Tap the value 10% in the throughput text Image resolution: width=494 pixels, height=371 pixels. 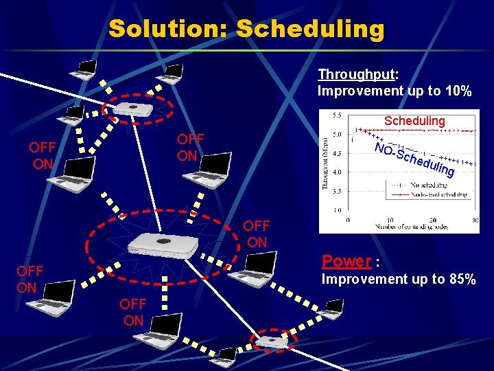coord(456,91)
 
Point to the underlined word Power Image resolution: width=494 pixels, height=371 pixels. coord(346,262)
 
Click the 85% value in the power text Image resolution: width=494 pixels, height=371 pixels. coord(459,279)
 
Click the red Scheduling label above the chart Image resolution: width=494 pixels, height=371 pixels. coord(414,121)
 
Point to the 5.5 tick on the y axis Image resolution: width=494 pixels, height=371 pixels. coord(338,115)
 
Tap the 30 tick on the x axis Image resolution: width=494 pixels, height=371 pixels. coord(475,220)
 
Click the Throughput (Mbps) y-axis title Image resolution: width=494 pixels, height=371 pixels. coord(326,163)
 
